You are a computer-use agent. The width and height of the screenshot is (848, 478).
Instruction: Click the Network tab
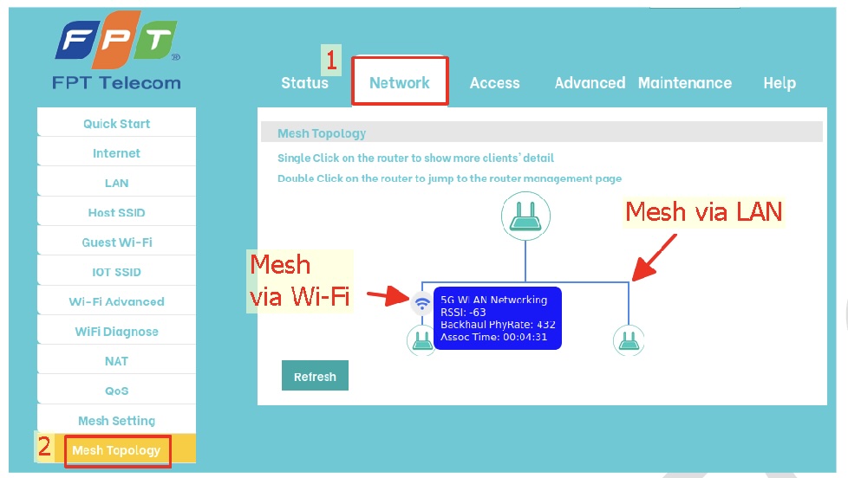(399, 83)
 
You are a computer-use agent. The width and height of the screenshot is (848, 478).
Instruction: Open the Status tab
(304, 83)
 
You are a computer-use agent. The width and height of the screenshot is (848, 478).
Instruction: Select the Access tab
(494, 83)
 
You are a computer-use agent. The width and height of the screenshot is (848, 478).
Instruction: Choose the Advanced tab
(590, 83)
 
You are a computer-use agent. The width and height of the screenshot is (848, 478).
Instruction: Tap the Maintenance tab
(684, 83)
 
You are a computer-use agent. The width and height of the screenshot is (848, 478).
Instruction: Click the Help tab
(779, 83)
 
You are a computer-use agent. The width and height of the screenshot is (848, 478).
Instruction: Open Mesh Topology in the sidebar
(116, 450)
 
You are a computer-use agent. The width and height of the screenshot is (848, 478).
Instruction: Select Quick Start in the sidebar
(116, 124)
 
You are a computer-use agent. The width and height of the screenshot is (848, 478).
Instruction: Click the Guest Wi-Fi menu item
(116, 242)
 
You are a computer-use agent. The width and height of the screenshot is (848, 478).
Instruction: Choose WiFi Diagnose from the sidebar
(116, 332)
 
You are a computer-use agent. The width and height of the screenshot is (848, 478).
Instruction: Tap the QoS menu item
(116, 391)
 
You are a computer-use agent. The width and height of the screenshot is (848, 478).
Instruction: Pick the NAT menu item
(116, 361)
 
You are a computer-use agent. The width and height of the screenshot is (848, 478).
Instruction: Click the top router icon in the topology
(525, 216)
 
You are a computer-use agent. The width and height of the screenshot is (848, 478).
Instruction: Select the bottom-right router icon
(628, 340)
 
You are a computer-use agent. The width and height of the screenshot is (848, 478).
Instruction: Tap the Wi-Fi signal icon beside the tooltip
(422, 302)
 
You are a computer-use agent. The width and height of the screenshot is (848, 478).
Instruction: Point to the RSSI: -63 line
(463, 313)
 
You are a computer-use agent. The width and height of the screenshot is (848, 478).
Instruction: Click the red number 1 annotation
(330, 61)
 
